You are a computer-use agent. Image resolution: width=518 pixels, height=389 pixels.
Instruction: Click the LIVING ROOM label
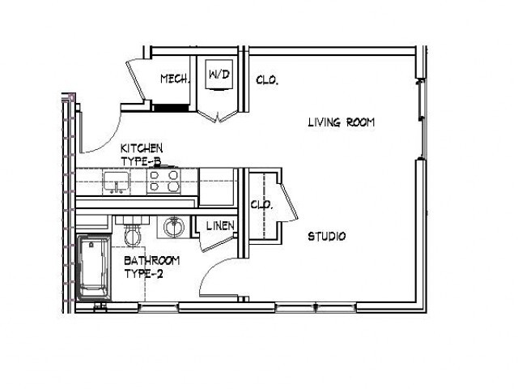342,123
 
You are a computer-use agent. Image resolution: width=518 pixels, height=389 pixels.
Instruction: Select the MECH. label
175,79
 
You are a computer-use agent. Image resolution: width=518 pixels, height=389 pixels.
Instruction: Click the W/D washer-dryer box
219,75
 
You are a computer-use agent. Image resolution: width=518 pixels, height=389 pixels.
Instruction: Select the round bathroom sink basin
172,227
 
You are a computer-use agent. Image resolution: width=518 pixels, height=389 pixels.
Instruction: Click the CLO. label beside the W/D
267,80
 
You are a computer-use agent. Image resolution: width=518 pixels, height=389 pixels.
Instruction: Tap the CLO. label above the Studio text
261,204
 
